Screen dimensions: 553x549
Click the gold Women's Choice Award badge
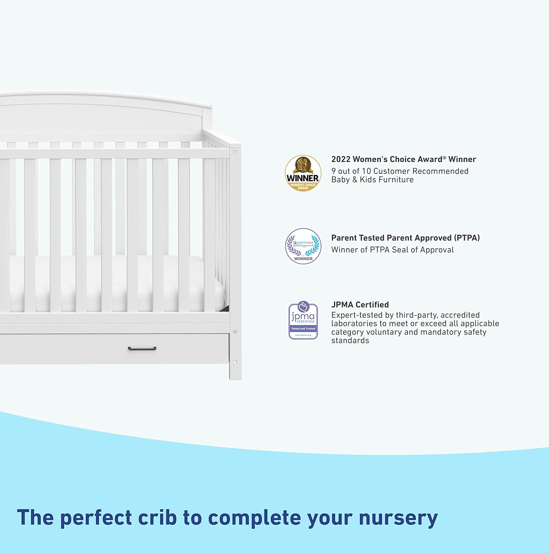tap(303, 173)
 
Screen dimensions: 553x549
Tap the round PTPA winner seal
tap(303, 246)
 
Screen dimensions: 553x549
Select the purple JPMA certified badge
tap(303, 320)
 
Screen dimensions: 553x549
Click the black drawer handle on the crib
tap(142, 348)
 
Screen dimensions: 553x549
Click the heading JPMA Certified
tap(360, 305)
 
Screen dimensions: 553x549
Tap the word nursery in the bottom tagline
tap(398, 518)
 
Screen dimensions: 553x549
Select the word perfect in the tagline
tap(96, 517)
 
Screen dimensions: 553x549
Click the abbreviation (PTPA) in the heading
tap(467, 238)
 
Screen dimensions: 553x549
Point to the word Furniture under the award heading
tap(395, 180)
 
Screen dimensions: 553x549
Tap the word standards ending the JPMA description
tap(350, 341)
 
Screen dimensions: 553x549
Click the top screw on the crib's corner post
tap(234, 152)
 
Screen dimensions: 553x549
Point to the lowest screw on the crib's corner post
tap(235, 362)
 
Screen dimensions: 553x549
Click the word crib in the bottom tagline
tap(157, 517)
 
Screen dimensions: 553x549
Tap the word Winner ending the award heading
tap(462, 159)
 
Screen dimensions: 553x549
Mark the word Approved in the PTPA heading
tap(413, 238)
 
